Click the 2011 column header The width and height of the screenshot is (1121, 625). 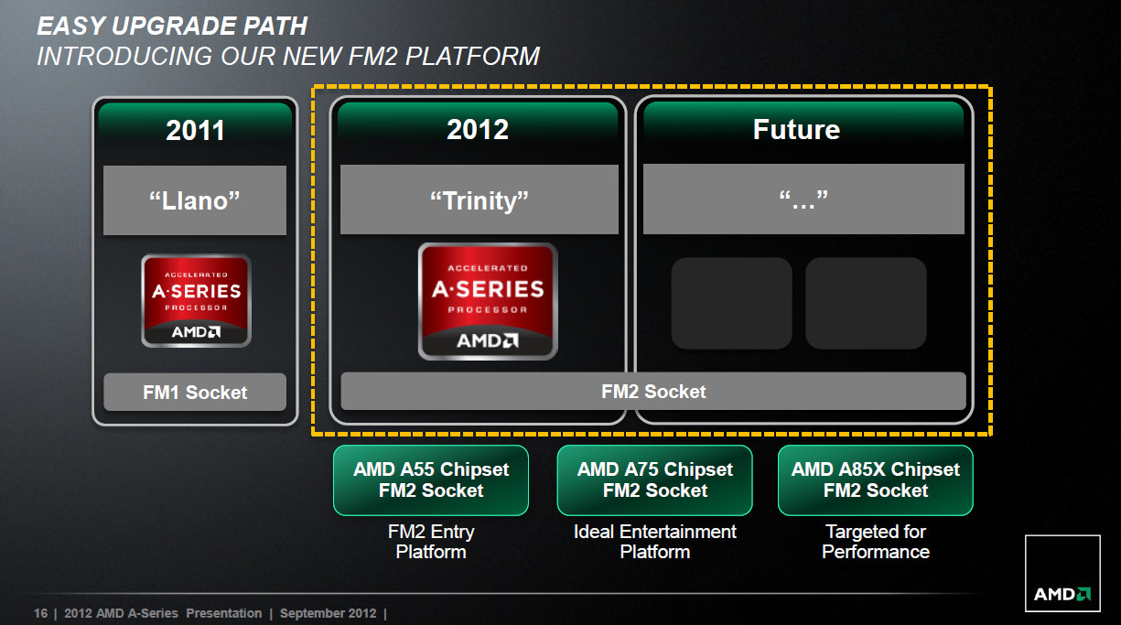coord(195,130)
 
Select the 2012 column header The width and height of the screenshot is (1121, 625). coord(478,130)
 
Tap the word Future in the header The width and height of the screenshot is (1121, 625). coord(796,130)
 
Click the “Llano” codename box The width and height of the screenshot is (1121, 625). coord(195,200)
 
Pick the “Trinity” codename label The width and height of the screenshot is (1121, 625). coord(479,200)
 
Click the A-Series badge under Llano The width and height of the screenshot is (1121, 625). coord(196,301)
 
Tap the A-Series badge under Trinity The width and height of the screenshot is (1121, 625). coord(488,301)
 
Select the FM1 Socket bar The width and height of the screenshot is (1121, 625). coord(195,392)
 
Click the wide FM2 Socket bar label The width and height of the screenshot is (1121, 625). coord(653,392)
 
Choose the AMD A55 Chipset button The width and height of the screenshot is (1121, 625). coord(431,480)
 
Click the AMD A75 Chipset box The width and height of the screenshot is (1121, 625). coord(654,480)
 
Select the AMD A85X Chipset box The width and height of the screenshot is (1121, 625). coord(875,480)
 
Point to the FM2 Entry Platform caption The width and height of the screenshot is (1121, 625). coord(431,542)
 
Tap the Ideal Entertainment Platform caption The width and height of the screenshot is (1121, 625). coord(654,542)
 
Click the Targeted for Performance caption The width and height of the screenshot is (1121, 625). coord(876,542)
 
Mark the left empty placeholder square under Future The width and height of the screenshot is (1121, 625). coord(732,303)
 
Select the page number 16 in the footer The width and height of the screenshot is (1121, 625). coord(40,613)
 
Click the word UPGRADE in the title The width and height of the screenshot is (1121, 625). coord(174,26)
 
